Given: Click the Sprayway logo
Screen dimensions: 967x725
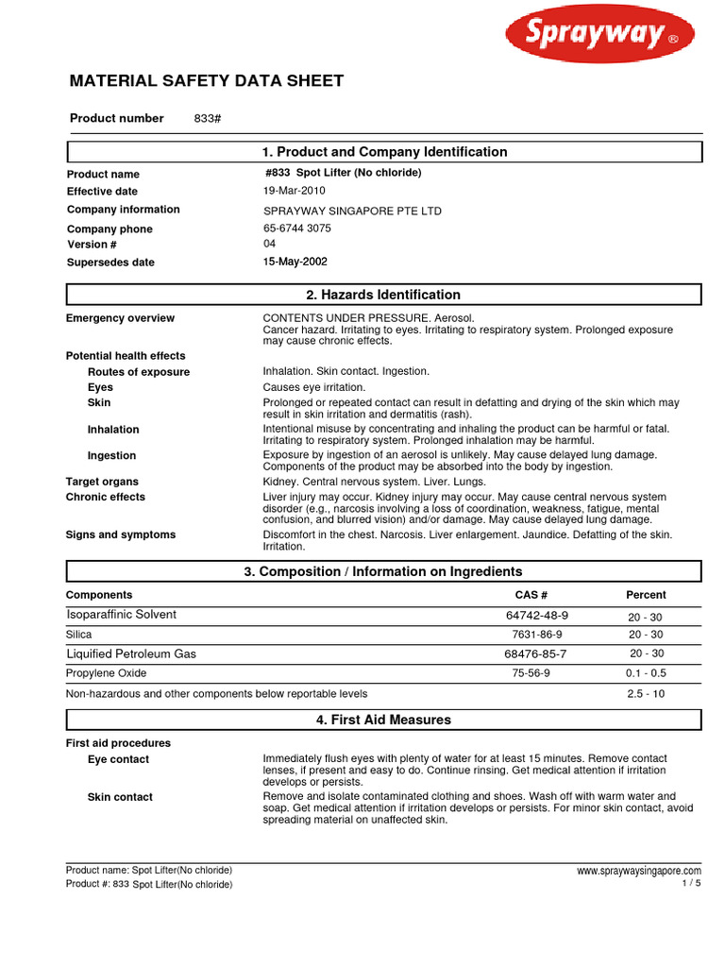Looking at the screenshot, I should [x=599, y=37].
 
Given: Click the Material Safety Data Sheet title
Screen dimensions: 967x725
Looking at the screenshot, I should [x=207, y=81].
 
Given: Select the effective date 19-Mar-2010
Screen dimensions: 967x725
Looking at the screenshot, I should [x=294, y=191].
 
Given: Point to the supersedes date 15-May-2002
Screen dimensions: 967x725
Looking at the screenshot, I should [x=295, y=262].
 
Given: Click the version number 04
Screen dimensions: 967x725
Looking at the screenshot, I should [x=269, y=244].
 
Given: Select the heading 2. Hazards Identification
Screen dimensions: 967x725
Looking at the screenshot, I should [x=383, y=295].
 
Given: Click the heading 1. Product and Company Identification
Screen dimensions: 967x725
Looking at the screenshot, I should [x=383, y=152].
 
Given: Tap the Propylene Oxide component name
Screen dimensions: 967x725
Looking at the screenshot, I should [x=106, y=673].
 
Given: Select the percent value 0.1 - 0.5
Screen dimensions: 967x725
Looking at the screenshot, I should [x=646, y=673].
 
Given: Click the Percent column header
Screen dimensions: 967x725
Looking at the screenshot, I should [x=646, y=595].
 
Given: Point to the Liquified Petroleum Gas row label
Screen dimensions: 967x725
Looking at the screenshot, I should [x=131, y=653].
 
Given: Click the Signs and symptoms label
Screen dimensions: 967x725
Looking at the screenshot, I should [x=120, y=534].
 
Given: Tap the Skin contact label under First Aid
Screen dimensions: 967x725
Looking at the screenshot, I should [x=120, y=797].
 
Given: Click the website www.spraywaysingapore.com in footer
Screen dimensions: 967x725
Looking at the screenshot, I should [x=638, y=871].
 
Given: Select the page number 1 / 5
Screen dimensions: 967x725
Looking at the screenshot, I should [x=691, y=883].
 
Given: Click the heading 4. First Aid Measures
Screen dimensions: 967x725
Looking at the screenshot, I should [x=383, y=720].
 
